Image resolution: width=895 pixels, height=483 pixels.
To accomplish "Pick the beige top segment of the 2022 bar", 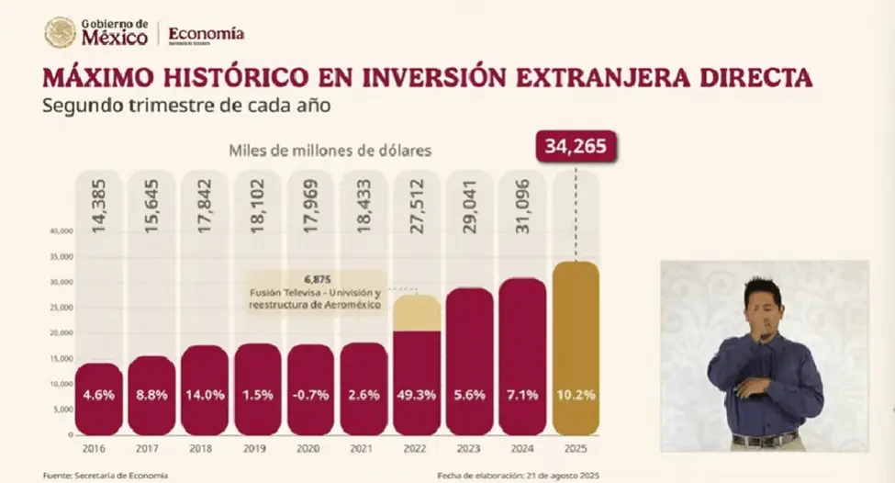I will pyautogui.click(x=417, y=313).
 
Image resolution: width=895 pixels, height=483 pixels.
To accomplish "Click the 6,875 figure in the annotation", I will pyautogui.click(x=317, y=279).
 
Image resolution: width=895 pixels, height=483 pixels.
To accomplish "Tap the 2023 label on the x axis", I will pyautogui.click(x=469, y=449).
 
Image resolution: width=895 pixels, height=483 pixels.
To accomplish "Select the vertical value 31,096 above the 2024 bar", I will pyautogui.click(x=522, y=208).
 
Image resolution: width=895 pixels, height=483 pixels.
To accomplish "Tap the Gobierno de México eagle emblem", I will pyautogui.click(x=60, y=33).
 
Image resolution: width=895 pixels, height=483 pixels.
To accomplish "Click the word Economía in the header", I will pyautogui.click(x=207, y=33).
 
